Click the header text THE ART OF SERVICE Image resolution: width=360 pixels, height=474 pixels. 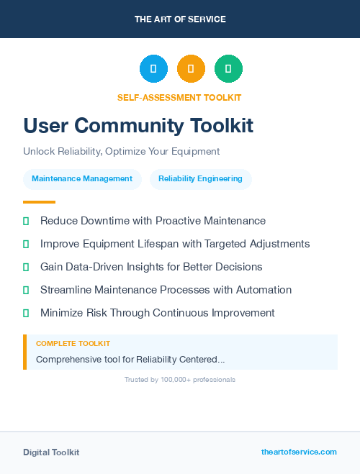pos(180,19)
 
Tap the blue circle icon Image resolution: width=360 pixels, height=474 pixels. pos(153,69)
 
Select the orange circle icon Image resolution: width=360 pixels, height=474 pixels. pos(191,69)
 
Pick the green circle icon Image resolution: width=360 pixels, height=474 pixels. pos(228,69)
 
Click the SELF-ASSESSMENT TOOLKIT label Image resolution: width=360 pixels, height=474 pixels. pos(179,97)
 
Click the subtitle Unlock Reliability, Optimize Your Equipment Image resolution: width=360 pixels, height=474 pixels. pos(121,152)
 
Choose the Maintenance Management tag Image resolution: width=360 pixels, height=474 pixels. pos(82,179)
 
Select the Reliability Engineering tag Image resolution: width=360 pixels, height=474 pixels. pos(200,179)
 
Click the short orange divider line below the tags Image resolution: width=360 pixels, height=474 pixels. pos(39,202)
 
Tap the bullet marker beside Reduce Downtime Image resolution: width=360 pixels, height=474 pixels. pos(26,221)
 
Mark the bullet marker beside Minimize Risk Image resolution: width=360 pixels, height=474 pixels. pos(26,313)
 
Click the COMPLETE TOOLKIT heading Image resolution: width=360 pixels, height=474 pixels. pos(73,344)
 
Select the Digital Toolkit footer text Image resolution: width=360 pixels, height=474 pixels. pos(51,452)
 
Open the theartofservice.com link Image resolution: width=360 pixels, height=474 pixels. pos(299,452)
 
